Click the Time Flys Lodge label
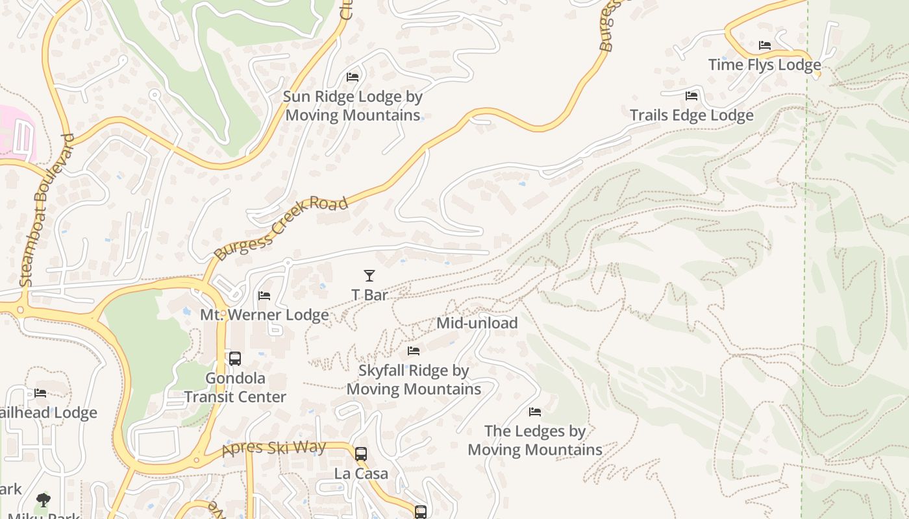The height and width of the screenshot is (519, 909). click(x=764, y=65)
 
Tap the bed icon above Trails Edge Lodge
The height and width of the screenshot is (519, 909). click(x=691, y=96)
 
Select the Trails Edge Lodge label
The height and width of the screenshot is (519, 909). click(x=691, y=115)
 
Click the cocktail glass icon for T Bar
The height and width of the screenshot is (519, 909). click(x=369, y=276)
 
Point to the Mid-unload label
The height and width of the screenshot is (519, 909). click(x=477, y=323)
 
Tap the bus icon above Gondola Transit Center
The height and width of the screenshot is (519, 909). click(x=235, y=358)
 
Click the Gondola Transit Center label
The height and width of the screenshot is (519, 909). click(x=235, y=387)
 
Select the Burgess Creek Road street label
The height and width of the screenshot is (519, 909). click(x=280, y=229)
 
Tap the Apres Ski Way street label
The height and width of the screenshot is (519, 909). click(x=273, y=448)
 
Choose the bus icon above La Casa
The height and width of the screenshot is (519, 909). click(x=361, y=454)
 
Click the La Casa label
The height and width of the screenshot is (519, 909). click(x=361, y=474)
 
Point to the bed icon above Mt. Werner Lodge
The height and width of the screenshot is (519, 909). click(x=264, y=296)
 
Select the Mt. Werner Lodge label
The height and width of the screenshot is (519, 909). click(x=264, y=315)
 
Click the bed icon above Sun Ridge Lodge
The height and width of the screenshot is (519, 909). click(x=353, y=77)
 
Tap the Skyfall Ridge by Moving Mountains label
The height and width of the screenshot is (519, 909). click(x=414, y=380)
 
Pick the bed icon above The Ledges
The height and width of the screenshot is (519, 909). click(x=535, y=412)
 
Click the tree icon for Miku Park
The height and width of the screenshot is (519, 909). click(x=44, y=500)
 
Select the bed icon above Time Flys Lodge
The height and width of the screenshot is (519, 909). click(x=765, y=45)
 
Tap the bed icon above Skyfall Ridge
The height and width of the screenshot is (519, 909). click(x=414, y=351)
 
